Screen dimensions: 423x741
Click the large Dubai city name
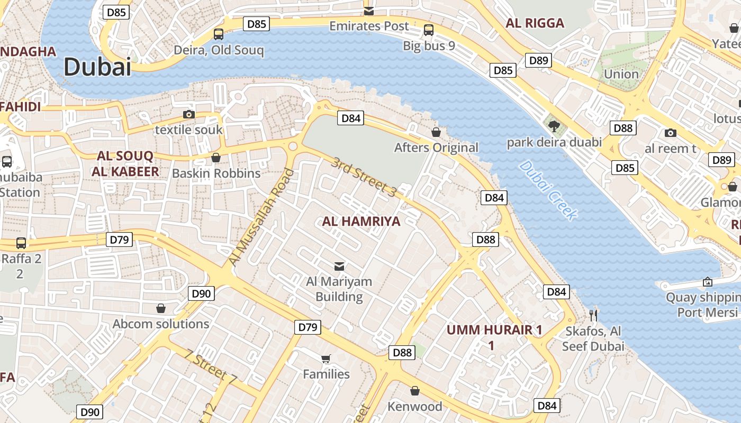pyautogui.click(x=97, y=67)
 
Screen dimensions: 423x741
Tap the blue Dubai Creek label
pyautogui.click(x=548, y=190)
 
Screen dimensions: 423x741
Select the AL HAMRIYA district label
pyautogui.click(x=361, y=221)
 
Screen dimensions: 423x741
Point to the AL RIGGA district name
pyautogui.click(x=535, y=23)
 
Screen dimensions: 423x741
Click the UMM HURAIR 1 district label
pyautogui.click(x=494, y=330)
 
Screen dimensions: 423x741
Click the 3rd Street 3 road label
pyautogui.click(x=364, y=178)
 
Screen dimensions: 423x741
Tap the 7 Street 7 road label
pyautogui.click(x=211, y=366)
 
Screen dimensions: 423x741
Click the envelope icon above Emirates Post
pyautogui.click(x=369, y=11)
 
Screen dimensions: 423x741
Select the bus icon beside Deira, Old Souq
pyautogui.click(x=219, y=34)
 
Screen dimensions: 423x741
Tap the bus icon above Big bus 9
pyautogui.click(x=429, y=30)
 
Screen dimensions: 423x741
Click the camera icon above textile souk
pyautogui.click(x=188, y=114)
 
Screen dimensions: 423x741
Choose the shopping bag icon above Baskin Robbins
pyautogui.click(x=216, y=158)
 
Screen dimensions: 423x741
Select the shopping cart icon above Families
pyautogui.click(x=326, y=358)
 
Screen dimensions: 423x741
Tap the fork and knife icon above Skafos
pyautogui.click(x=593, y=316)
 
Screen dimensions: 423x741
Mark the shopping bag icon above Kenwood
pyautogui.click(x=415, y=391)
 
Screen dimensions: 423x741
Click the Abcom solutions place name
pyautogui.click(x=161, y=324)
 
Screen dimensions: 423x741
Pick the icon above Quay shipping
pyautogui.click(x=708, y=282)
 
